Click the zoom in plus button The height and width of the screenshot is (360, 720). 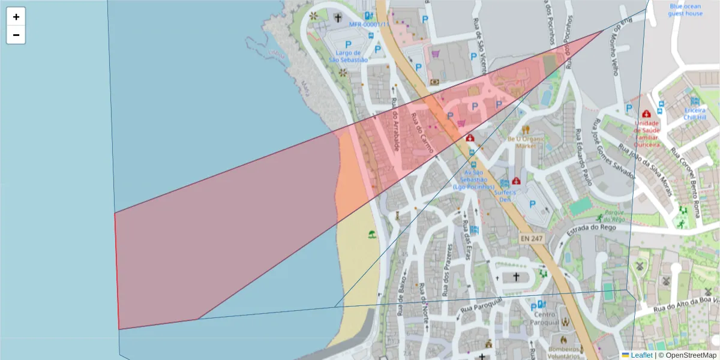tap(16, 17)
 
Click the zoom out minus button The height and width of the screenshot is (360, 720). tap(16, 35)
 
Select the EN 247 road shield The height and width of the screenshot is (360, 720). tap(531, 239)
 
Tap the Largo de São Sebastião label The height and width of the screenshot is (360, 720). tap(348, 56)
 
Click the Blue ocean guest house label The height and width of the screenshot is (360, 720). tap(685, 10)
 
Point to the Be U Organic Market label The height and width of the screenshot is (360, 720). tap(526, 142)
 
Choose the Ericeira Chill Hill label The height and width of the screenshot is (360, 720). tap(695, 113)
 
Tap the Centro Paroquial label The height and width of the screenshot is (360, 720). tap(544, 318)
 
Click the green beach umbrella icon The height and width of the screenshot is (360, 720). tap(371, 235)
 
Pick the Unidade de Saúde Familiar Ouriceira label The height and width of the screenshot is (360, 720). tap(646, 134)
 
